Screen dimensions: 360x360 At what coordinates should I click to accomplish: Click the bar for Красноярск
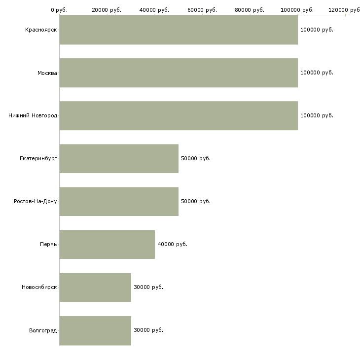point(179,30)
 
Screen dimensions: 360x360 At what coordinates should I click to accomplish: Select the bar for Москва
point(179,73)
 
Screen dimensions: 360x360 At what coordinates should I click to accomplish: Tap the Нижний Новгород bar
point(179,116)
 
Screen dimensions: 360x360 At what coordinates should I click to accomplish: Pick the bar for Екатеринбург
point(119,159)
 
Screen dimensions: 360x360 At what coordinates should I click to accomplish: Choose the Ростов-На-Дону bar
point(119,202)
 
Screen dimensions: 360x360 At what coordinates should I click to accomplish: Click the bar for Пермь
point(107,245)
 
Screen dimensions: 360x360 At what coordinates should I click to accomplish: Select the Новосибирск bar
point(95,288)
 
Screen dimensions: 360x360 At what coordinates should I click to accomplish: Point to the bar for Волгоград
point(95,330)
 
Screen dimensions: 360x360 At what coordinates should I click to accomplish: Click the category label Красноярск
point(41,30)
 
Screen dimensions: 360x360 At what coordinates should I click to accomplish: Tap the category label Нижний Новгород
point(33,116)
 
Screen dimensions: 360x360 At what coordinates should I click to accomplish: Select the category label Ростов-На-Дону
point(36,202)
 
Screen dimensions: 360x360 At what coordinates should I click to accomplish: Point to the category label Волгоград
point(43,330)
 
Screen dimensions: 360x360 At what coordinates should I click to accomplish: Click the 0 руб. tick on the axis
point(59,10)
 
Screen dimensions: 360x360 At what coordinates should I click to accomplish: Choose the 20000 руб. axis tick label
point(107,10)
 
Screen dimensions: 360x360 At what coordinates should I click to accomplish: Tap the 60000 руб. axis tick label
point(202,10)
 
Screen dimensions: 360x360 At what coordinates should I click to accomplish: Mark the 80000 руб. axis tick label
point(250,10)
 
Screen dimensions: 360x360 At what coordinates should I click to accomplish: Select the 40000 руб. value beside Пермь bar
point(172,245)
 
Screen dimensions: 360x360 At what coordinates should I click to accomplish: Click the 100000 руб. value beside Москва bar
point(317,73)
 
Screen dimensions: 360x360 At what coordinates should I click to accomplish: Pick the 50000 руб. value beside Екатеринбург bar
point(196,159)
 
